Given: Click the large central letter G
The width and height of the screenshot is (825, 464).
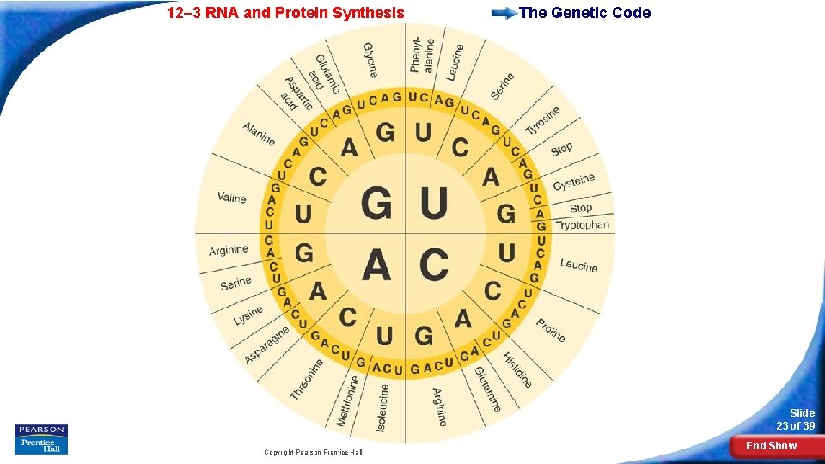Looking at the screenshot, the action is (377, 203).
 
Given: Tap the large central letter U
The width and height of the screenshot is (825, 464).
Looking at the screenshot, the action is (434, 203).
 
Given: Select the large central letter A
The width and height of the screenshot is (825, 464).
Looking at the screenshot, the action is (377, 264).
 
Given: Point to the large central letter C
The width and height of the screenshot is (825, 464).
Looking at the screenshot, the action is (434, 264).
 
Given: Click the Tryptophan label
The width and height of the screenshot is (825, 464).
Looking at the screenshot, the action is (582, 225).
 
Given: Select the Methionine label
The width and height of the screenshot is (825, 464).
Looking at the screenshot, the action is (347, 400).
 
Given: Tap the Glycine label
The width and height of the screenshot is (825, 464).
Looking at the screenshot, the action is (370, 60).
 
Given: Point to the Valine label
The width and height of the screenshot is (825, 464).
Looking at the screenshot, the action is (231, 198).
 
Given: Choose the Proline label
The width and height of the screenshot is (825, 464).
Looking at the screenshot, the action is (551, 329).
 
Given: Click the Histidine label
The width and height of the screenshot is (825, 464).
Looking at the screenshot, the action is (517, 370).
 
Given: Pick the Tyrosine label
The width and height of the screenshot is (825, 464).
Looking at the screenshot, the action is (542, 120).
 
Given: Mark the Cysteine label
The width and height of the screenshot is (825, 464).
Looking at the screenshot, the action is (573, 182).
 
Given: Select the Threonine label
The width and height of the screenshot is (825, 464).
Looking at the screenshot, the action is (307, 379).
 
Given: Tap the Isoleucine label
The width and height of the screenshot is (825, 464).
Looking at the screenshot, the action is (383, 406).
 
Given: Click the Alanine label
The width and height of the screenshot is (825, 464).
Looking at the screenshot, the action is (259, 134).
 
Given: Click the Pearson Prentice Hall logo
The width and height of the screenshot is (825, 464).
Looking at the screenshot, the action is (40, 439).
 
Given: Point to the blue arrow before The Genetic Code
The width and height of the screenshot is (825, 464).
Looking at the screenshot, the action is (504, 14).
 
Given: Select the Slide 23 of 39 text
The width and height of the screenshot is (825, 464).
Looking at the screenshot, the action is (796, 419).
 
